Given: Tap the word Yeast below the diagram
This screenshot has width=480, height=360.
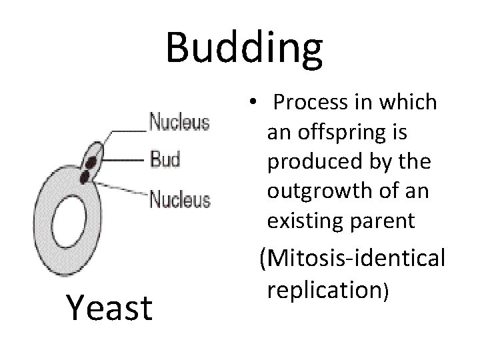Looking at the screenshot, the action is click(109, 308).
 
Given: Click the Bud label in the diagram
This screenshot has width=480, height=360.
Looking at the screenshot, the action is click(165, 160).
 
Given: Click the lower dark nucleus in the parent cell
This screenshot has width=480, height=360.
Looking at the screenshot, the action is click(85, 177).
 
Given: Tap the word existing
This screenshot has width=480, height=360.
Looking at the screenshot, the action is click(299, 220).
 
